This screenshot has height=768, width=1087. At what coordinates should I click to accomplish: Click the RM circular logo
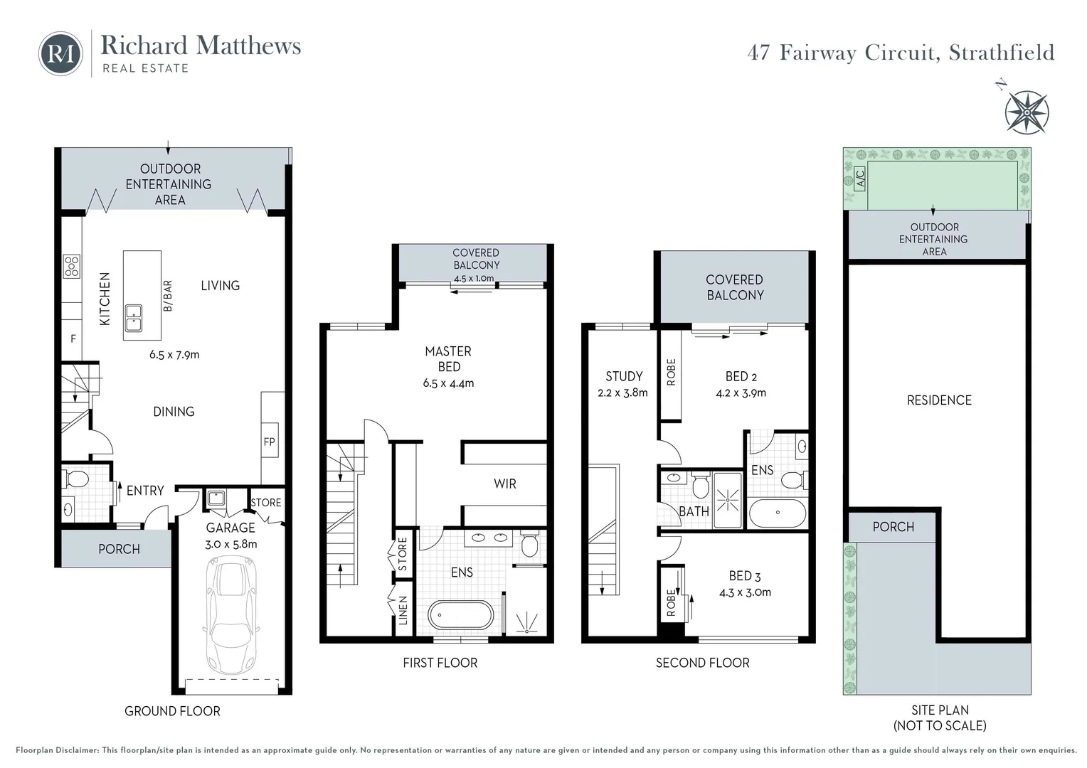[x=60, y=53]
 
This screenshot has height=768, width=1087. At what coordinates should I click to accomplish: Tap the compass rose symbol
[x=1027, y=112]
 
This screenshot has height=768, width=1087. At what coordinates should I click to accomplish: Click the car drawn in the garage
[x=232, y=615]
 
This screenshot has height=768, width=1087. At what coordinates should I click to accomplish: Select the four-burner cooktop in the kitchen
[x=72, y=266]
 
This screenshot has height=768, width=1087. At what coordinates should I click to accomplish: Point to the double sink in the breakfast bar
[x=133, y=318]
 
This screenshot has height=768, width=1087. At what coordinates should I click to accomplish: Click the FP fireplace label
[x=269, y=442]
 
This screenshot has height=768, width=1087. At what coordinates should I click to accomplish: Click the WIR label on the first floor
[x=504, y=484]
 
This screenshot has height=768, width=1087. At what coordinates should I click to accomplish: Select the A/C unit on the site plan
[x=859, y=177]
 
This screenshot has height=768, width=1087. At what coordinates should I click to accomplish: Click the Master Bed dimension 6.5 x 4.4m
[x=448, y=383]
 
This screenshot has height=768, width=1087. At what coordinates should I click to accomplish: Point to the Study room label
[x=623, y=376]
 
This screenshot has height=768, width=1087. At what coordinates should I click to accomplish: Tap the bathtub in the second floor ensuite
[x=777, y=512]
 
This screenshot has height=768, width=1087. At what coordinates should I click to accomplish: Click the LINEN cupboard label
[x=403, y=611]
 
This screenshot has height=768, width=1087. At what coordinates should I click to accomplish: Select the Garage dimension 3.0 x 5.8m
[x=231, y=544]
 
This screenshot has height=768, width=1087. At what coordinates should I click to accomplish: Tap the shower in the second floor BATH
[x=727, y=500]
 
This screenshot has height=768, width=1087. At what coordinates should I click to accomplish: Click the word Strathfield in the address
[x=1002, y=53]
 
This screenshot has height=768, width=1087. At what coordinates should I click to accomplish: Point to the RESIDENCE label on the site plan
[x=938, y=400]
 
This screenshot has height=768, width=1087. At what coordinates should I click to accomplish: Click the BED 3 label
[x=744, y=576]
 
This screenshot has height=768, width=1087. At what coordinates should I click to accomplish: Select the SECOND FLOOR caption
[x=702, y=663]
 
